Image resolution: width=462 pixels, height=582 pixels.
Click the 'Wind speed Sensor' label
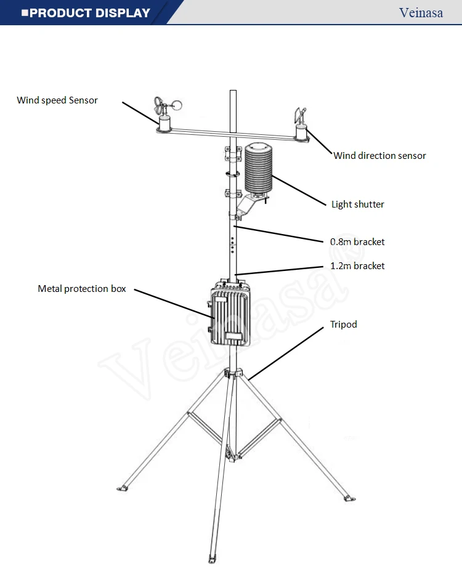(57, 100)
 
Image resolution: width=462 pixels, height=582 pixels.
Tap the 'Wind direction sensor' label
(379, 156)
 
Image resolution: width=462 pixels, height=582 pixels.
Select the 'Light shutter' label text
(357, 204)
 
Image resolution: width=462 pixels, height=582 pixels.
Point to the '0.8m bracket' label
(357, 242)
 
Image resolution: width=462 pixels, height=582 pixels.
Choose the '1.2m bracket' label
(357, 266)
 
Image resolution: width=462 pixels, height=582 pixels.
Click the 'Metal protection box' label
(82, 289)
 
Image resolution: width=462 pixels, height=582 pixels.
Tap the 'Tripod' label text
(343, 325)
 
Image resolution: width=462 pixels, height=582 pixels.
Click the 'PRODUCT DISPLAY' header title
(89, 13)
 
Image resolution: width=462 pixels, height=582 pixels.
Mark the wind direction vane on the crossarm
(300, 118)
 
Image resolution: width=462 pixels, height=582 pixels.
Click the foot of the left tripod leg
(123, 488)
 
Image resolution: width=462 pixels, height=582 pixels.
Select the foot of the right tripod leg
(349, 497)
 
